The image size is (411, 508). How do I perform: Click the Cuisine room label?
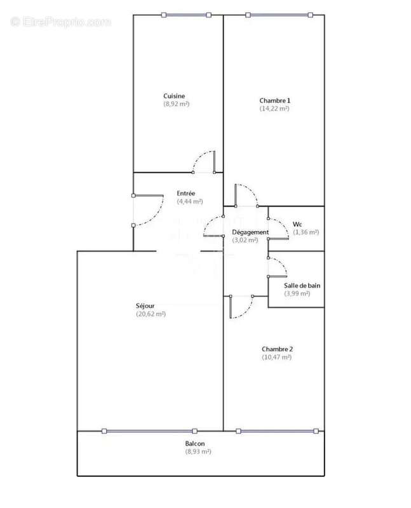point(174,96)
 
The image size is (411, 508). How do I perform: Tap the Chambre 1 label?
point(274,100)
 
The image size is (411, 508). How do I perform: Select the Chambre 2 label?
point(277,349)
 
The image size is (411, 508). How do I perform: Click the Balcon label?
point(195,443)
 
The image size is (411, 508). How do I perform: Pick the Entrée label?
point(187,193)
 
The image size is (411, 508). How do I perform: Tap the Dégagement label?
point(250,232)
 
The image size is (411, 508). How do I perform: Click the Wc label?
point(297,224)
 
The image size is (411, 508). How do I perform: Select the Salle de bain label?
point(302,286)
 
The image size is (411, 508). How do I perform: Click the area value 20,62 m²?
point(151,314)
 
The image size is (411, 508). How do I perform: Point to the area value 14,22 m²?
point(274,109)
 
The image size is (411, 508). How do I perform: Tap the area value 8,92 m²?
point(177,104)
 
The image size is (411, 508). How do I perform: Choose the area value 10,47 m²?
point(277,358)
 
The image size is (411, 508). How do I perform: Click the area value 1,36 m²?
point(306,232)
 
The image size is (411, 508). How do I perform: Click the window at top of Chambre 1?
point(279,15)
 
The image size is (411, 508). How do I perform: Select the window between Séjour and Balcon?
point(151,431)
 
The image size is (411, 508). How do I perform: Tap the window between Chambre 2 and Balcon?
point(276,431)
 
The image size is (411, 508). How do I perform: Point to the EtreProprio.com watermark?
point(61,22)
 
